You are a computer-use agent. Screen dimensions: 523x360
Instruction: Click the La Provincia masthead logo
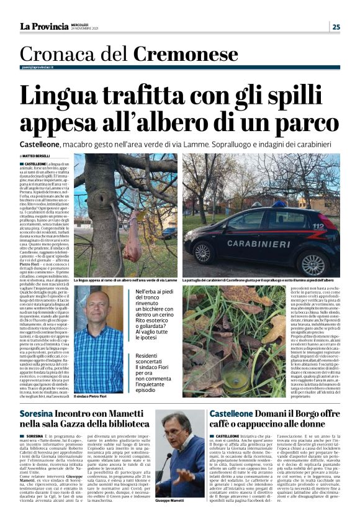pos(43,26)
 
